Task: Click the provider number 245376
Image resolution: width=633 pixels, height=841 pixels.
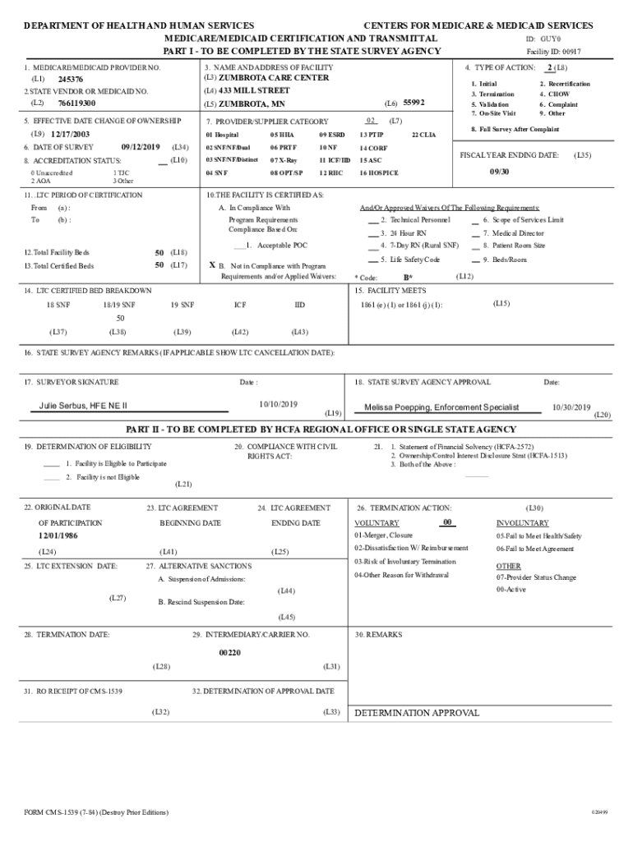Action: click(x=71, y=80)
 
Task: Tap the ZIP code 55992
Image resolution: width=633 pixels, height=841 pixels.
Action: click(x=414, y=103)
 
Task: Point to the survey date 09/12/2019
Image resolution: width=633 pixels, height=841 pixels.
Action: click(x=141, y=147)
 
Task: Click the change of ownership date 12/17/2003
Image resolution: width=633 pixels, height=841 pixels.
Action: click(x=71, y=134)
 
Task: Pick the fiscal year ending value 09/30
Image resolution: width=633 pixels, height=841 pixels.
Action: click(x=500, y=172)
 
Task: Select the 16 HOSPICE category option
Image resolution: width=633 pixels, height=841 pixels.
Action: click(x=379, y=173)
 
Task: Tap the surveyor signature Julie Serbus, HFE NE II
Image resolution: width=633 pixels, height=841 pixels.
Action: click(x=83, y=406)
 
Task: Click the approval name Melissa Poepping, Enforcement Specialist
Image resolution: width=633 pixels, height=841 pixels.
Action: click(x=441, y=407)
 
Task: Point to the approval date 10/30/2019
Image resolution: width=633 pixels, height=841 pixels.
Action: click(x=571, y=407)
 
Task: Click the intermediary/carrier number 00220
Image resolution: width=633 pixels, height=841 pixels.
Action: click(x=229, y=652)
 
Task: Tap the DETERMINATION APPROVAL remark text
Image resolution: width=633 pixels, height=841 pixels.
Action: click(x=417, y=713)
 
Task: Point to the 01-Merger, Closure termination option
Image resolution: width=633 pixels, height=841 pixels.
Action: click(x=384, y=535)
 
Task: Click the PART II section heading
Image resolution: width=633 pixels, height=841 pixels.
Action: click(x=321, y=430)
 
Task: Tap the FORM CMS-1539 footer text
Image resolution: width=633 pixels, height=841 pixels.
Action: click(x=96, y=812)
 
